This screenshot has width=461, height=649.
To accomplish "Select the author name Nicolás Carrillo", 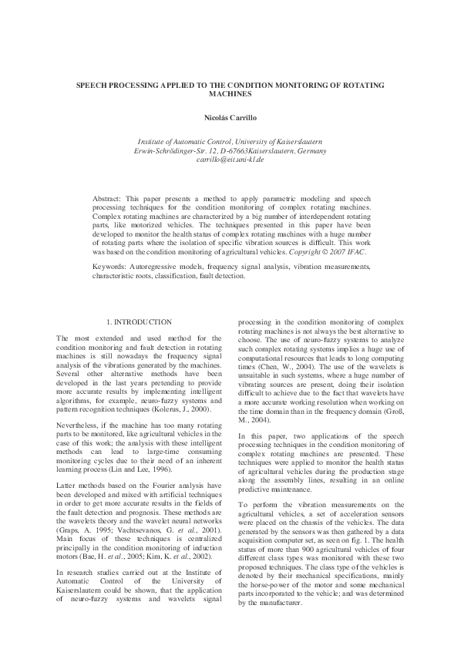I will click(230, 118).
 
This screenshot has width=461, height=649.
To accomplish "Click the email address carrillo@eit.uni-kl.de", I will click(230, 160).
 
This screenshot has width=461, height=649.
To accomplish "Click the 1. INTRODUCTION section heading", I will click(139, 321).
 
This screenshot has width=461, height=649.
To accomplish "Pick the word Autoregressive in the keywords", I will click(167, 265).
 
